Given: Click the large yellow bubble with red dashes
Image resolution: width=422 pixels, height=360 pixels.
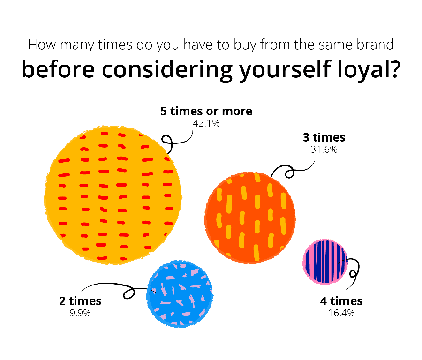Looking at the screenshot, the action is point(113,195).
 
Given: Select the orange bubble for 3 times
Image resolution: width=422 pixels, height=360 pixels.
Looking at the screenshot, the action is point(250,218).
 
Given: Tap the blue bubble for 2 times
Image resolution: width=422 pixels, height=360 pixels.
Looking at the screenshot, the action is point(180,294).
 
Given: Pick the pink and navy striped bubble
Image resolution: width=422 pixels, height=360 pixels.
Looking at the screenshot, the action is point(325,262).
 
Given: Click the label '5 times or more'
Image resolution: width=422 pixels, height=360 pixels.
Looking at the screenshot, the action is point(206,111).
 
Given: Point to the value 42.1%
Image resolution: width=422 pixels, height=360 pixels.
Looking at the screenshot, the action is point(206,123).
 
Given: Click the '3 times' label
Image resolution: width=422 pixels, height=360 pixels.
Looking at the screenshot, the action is point(324,137).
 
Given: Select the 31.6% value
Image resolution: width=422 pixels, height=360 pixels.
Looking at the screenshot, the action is point(324,150).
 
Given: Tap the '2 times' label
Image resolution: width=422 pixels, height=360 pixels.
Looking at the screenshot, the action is point(80,301).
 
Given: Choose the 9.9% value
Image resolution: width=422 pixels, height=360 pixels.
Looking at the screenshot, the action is point(80,313).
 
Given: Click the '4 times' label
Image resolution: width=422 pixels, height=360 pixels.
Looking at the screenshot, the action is point(341,301).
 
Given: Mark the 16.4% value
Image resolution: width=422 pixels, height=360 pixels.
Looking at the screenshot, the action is point(341,313).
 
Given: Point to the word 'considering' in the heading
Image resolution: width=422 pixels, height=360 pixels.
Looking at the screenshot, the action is point(167,69).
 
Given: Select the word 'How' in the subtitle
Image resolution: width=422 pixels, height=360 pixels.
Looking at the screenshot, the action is point(43,45).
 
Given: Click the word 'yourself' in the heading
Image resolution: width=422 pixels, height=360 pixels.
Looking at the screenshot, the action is point(285,69).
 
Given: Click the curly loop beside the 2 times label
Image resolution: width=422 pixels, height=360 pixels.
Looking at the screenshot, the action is point(129,293).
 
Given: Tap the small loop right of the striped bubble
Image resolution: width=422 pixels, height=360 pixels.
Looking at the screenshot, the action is point(353,274).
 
